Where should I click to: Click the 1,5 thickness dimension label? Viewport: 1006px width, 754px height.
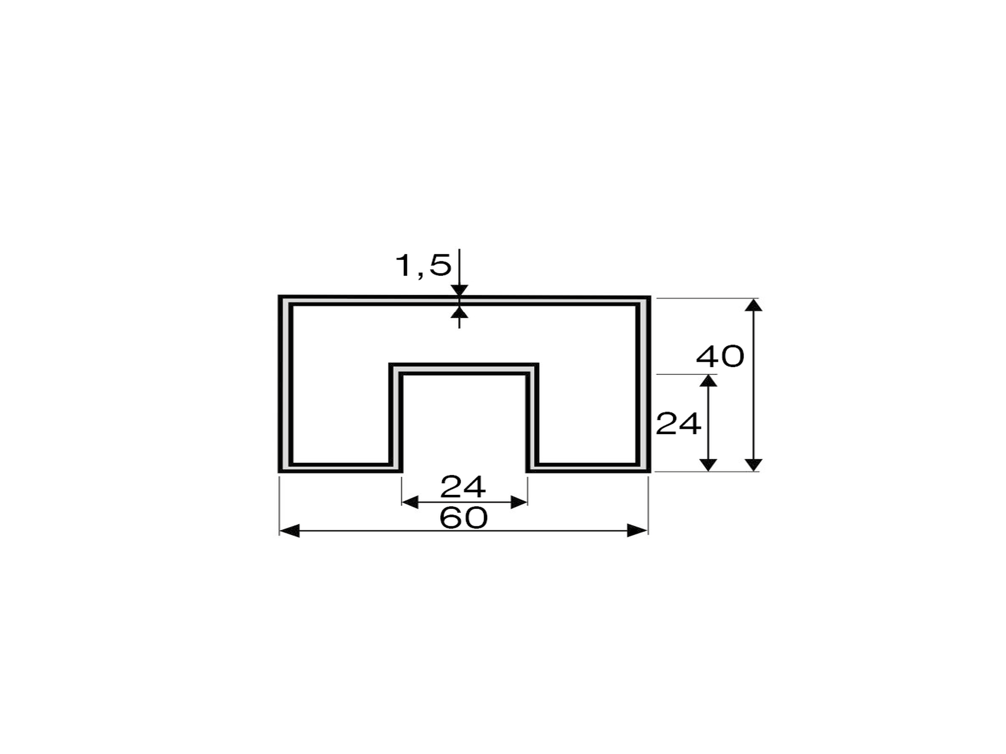click(x=423, y=265)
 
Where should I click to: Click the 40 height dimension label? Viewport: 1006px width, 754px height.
click(x=720, y=357)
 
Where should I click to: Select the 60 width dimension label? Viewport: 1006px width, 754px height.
click(x=464, y=518)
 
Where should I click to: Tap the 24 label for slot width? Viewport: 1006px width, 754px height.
click(x=463, y=487)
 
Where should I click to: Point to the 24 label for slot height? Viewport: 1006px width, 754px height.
click(x=679, y=424)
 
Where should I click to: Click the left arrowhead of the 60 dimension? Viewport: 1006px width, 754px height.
click(x=289, y=530)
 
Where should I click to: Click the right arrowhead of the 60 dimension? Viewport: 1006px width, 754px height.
click(x=638, y=530)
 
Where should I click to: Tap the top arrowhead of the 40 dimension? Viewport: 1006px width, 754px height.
click(x=753, y=305)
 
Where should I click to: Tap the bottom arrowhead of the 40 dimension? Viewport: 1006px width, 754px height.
click(x=753, y=465)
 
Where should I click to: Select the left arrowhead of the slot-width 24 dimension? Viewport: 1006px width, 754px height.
click(x=410, y=503)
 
